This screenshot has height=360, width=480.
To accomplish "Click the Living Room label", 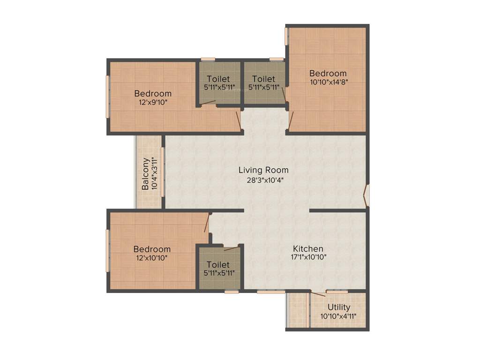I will point(263,170).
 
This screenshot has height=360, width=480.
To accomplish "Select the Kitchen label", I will point(308,248).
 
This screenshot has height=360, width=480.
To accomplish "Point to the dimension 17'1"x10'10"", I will point(308,257).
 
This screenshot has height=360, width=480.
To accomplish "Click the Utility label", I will point(339,307).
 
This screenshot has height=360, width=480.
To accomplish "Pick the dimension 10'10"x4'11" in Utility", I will point(338,316).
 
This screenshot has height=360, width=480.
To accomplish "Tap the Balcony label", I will point(146,173).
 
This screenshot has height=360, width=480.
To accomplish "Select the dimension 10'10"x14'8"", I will point(328,82).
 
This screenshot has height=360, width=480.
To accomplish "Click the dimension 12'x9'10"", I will point(153,102).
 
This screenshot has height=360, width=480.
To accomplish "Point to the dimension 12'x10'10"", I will point(151,257).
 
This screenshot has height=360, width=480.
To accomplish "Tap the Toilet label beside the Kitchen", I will point(218,265).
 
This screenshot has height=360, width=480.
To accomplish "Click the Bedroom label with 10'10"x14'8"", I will point(328,73).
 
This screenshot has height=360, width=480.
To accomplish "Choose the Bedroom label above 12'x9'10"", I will point(153,93).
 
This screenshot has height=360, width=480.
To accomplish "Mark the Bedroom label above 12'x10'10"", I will point(151,249).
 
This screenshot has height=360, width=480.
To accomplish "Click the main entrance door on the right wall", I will point(367,195).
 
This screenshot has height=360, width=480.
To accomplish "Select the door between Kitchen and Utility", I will point(318,293).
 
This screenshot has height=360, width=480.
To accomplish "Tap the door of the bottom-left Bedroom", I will point(207,223).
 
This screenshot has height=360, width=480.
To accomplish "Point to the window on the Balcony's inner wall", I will point(163,172).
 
